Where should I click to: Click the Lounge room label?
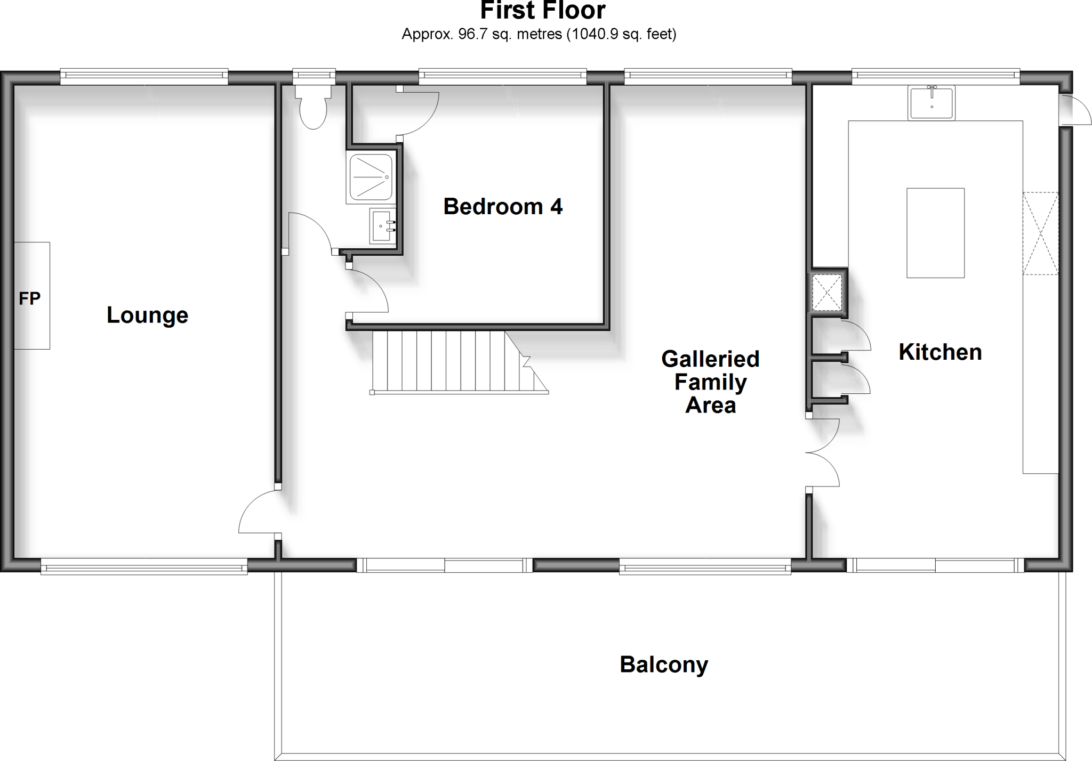click(147, 315)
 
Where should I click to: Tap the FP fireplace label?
click(29, 298)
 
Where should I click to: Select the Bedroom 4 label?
click(502, 206)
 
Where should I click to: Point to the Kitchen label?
click(940, 352)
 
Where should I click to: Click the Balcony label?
click(663, 665)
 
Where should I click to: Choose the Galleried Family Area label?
click(710, 382)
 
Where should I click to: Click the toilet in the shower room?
click(313, 109)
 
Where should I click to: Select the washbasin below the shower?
click(382, 225)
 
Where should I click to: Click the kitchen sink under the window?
click(931, 103)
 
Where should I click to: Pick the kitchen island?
click(935, 232)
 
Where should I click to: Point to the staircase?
click(453, 362)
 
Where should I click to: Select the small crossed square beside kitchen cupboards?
click(827, 293)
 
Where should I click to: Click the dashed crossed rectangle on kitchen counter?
click(1040, 233)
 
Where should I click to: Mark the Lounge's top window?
click(144, 77)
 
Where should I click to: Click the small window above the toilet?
click(314, 77)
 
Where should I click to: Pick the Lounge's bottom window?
click(144, 566)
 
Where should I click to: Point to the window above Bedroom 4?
click(502, 77)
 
